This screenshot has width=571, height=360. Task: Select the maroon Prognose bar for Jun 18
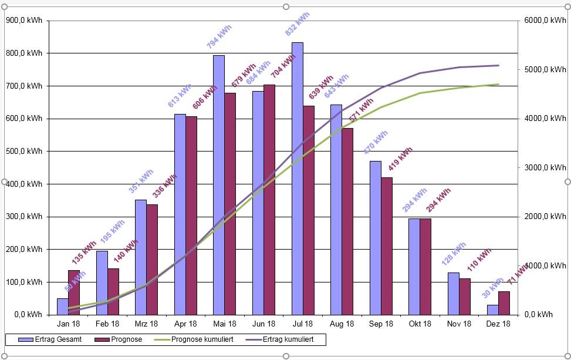coord(269,200)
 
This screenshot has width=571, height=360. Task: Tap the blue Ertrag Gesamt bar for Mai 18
coord(219,184)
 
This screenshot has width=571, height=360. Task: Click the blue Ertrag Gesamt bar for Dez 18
coord(492,309)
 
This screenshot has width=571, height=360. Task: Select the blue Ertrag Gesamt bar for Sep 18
coord(376,237)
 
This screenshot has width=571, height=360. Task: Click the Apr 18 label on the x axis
coord(185,324)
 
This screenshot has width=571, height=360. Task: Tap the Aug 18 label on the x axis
coord(342,324)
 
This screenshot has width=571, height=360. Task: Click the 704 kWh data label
coord(283,66)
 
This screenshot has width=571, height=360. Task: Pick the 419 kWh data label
coord(400,159)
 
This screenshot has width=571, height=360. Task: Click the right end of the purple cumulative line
coord(498,65)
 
